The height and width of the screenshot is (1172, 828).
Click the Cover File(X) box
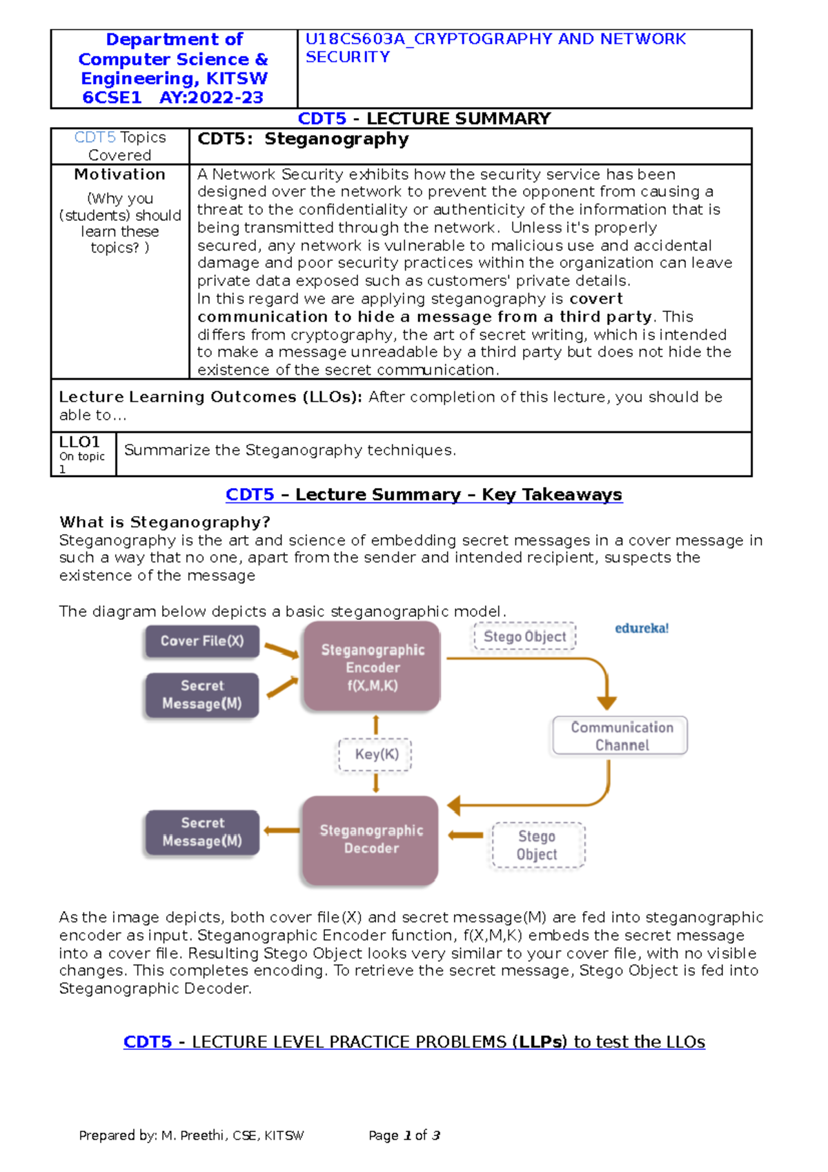point(202,641)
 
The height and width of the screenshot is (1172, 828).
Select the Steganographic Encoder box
point(373,667)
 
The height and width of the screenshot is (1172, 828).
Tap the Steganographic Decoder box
point(371,839)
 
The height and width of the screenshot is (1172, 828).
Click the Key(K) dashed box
point(376,754)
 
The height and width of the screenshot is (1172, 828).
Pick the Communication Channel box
point(621,736)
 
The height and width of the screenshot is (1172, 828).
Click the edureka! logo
point(642,629)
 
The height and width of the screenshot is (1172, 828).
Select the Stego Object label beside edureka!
point(525,636)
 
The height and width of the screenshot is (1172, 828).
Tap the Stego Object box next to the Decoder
point(538,845)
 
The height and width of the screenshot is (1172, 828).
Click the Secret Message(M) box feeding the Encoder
point(202,695)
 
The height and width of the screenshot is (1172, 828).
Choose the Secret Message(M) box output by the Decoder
point(202,832)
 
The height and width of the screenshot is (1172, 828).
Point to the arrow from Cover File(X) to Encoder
point(282,650)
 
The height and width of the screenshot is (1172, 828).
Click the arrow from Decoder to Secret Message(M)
point(282,830)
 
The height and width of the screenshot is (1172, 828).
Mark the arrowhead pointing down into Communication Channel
point(607,703)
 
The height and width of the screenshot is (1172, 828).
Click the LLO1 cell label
point(79,442)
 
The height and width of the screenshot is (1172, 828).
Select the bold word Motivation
point(120,175)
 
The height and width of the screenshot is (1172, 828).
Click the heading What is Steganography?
point(164,522)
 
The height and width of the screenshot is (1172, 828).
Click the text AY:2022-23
point(211,98)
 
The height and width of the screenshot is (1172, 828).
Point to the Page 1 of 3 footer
point(404,1135)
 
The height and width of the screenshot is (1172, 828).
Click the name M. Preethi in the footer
point(193,1135)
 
